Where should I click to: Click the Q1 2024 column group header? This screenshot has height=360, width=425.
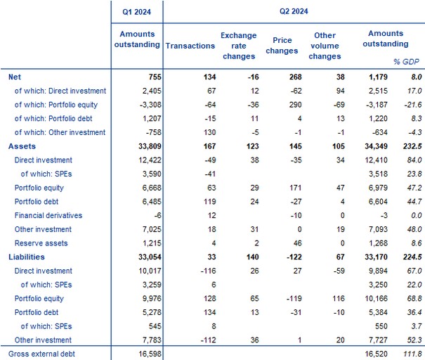[x=136, y=12]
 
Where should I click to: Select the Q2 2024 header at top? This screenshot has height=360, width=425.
[x=294, y=11]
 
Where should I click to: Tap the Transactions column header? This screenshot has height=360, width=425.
[x=190, y=46]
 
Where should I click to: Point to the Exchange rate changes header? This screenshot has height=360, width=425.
[x=239, y=46]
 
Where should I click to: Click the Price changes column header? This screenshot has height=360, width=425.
[x=282, y=46]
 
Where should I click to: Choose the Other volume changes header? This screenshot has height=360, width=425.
[x=325, y=46]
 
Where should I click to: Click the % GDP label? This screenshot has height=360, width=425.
[x=406, y=62]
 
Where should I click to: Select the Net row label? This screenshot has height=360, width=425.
[x=15, y=77]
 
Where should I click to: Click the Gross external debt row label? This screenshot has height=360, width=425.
[x=41, y=354]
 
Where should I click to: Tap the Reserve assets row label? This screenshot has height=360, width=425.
[x=41, y=243]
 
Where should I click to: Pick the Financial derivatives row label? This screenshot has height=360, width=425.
[x=48, y=215]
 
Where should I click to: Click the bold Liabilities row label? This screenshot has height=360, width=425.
[x=27, y=257]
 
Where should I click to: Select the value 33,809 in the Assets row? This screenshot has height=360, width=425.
[x=150, y=146]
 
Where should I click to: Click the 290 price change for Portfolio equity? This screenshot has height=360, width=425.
[x=296, y=105]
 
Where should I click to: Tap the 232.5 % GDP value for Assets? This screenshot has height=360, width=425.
[x=412, y=146]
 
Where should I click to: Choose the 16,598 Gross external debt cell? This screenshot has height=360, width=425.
[x=150, y=354]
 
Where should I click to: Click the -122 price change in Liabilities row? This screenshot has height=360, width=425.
[x=294, y=257]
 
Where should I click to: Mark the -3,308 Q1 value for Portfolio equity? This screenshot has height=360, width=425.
[x=150, y=105]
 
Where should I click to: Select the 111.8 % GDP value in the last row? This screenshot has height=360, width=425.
[x=412, y=354]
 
